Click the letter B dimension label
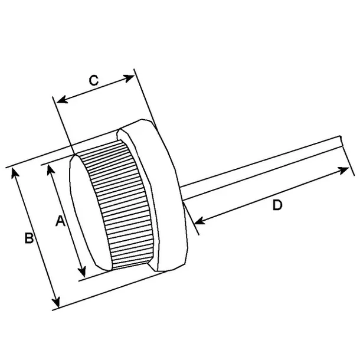point(28,238)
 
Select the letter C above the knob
point(93,81)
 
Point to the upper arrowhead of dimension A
point(51,168)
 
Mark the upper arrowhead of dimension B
point(17,174)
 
